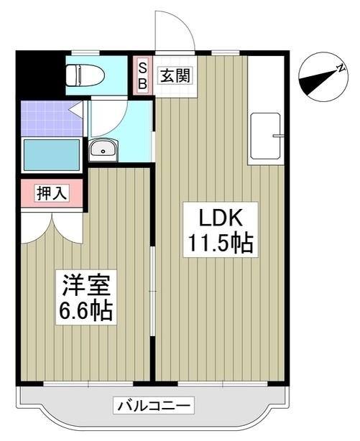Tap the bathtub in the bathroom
(x=51, y=154)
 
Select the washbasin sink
(x=103, y=150)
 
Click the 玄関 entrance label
(x=175, y=74)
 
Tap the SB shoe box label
(x=142, y=74)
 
